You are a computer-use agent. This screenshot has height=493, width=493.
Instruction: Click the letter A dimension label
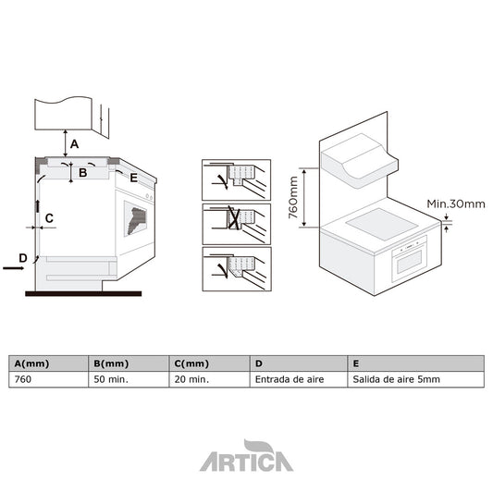pos(75,143)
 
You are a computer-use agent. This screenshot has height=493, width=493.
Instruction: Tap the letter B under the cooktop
pos(82,172)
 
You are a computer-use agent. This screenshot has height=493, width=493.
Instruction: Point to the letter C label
pos(50,218)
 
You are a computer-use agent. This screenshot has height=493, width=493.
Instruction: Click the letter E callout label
pos(133,178)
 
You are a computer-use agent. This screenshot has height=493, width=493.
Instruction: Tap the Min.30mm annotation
pos(456,203)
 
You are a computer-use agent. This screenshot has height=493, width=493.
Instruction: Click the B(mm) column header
pos(110,364)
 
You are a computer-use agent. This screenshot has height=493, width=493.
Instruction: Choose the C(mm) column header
pos(191,364)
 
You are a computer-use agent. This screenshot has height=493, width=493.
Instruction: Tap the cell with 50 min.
pos(110,378)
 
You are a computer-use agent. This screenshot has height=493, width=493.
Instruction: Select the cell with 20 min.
pos(191,378)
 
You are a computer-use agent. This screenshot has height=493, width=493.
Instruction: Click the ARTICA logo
pos(246,458)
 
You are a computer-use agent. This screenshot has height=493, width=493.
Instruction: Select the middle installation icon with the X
pos(236,223)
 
